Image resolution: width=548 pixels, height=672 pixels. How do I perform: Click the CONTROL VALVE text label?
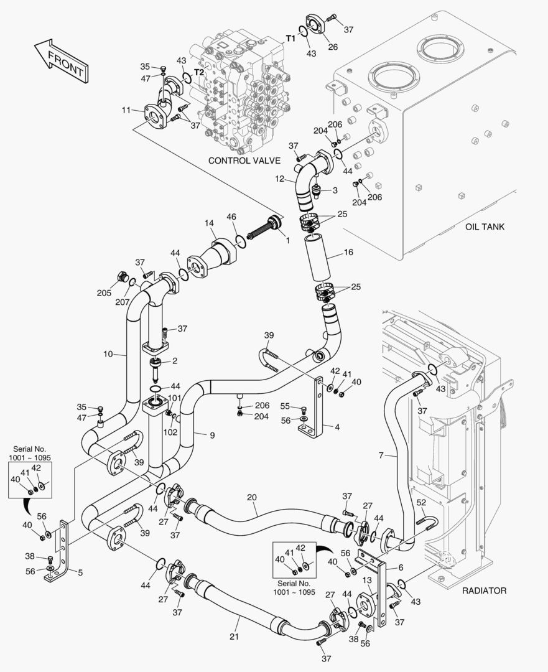[244, 161]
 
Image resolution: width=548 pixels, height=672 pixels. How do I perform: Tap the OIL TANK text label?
[485, 226]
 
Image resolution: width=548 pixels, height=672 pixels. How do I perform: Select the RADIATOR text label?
[484, 590]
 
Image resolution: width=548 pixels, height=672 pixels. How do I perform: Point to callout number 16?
[348, 253]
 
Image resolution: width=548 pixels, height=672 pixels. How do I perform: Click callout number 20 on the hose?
[251, 497]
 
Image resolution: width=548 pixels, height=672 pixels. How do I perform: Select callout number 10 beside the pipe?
[109, 354]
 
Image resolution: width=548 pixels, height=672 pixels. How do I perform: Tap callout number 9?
[211, 435]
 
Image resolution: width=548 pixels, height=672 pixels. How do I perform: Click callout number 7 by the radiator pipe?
[381, 456]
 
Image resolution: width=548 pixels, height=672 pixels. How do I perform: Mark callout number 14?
[210, 223]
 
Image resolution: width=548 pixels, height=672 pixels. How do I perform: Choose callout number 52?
[421, 503]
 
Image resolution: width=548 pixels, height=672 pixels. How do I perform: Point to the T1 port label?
[290, 39]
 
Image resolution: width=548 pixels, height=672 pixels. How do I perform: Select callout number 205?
[104, 293]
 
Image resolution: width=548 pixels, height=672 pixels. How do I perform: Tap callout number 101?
[174, 398]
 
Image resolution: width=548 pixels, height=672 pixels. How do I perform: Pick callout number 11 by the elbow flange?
[126, 110]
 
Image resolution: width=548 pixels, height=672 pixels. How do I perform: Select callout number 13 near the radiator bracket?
[367, 580]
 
